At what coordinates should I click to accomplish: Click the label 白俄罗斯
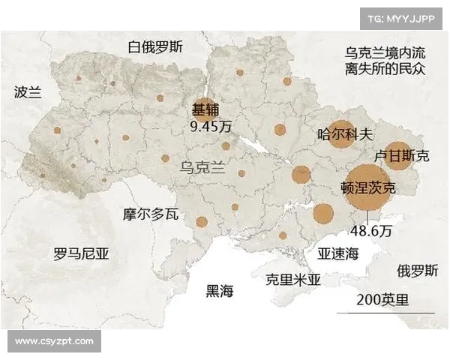click(x=155, y=46)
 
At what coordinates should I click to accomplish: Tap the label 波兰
click(x=29, y=92)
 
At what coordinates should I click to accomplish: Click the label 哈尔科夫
click(x=345, y=135)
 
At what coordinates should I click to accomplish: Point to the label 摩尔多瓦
click(x=151, y=214)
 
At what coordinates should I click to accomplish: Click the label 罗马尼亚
click(x=81, y=253)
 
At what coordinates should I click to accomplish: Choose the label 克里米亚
click(x=292, y=280)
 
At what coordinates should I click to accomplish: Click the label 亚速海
click(x=339, y=253)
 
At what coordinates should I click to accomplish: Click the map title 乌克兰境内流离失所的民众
click(x=385, y=61)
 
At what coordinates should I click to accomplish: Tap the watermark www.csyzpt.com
click(x=54, y=341)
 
